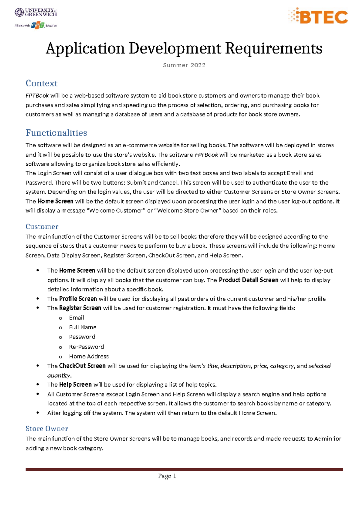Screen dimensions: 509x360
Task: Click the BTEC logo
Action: (318, 16)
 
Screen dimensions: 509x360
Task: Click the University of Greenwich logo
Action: (36, 12)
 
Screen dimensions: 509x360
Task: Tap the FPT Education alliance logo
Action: (36, 26)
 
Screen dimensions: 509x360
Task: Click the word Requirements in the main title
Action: (273, 48)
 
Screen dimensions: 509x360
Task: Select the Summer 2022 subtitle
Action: (184, 65)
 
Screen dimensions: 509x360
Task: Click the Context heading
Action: (41, 83)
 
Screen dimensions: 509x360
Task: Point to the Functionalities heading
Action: (56, 133)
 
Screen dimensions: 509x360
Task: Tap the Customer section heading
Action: (42, 227)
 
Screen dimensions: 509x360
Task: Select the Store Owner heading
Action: (46, 429)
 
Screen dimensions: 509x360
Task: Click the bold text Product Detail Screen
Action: (248, 280)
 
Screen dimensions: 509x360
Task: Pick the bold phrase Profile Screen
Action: (78, 299)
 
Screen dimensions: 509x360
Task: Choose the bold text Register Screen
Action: (80, 308)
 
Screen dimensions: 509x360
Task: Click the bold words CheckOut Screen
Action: (82, 366)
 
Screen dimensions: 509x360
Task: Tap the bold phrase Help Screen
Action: (75, 384)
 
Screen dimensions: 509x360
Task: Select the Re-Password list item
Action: (86, 347)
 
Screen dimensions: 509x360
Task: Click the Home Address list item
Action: (89, 356)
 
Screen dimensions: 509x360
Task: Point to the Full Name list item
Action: (82, 327)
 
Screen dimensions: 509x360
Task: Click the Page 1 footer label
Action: (167, 476)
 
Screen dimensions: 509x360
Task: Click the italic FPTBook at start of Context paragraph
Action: (37, 96)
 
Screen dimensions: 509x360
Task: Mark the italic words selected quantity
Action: (319, 366)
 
